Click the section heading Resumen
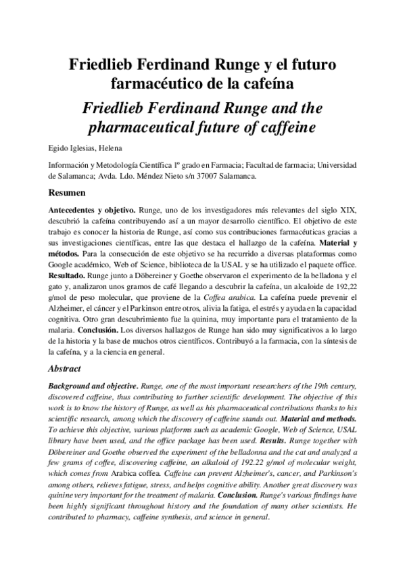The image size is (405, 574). click(65, 193)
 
